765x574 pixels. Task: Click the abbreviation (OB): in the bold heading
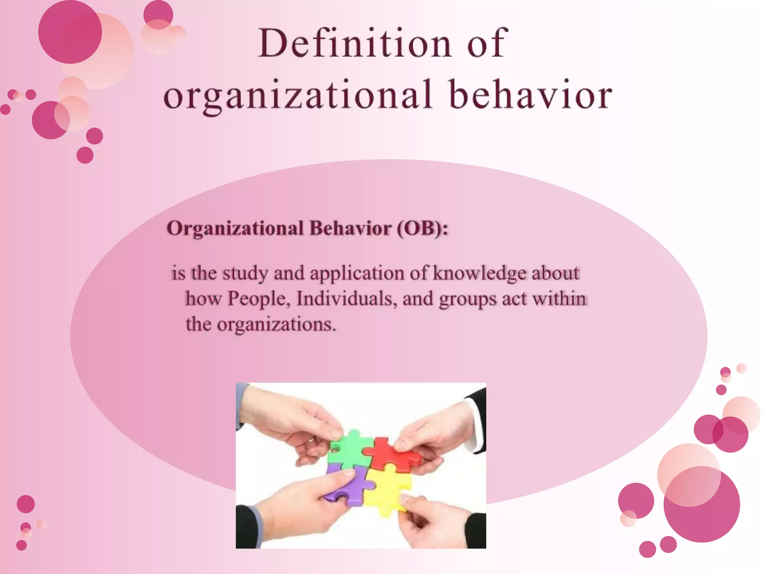[x=422, y=228]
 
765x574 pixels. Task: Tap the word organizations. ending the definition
[x=276, y=324]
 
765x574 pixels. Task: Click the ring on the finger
[x=310, y=442]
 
